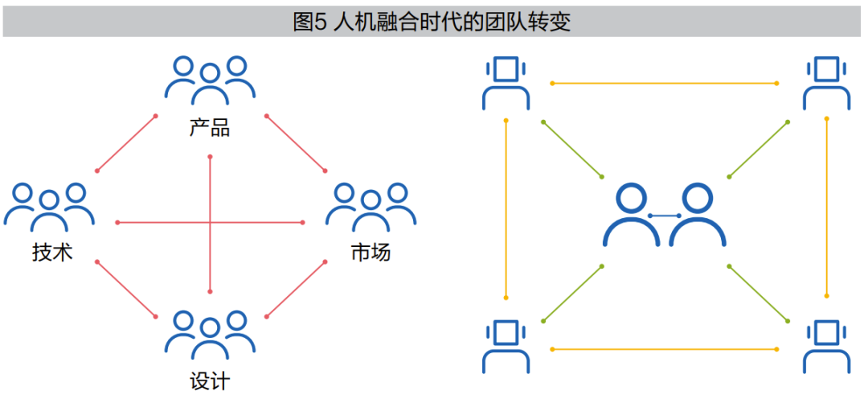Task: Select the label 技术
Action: pyautogui.click(x=52, y=252)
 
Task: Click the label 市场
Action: pyautogui.click(x=371, y=252)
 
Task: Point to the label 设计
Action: pyautogui.click(x=210, y=380)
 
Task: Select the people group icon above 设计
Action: pyautogui.click(x=210, y=335)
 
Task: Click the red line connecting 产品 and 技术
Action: pyautogui.click(x=126, y=143)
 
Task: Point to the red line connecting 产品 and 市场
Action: pyautogui.click(x=296, y=143)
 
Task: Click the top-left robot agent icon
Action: pyautogui.click(x=506, y=83)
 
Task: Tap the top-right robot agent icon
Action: pyautogui.click(x=826, y=83)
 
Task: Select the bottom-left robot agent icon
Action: pyautogui.click(x=506, y=347)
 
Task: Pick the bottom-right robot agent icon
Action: pyautogui.click(x=826, y=347)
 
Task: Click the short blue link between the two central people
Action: pyautogui.click(x=665, y=216)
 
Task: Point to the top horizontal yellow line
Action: pyautogui.click(x=665, y=83)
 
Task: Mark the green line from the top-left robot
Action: pyautogui.click(x=573, y=150)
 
